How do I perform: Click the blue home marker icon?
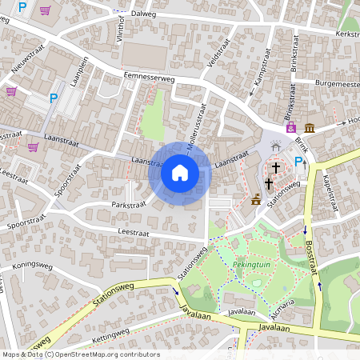pyautogui.click(x=180, y=173)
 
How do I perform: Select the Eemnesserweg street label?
pyautogui.click(x=150, y=78)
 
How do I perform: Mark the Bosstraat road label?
pyautogui.click(x=311, y=256)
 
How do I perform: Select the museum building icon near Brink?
pyautogui.click(x=309, y=128)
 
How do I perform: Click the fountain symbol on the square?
pyautogui.click(x=277, y=146)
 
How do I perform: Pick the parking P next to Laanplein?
pyautogui.click(x=54, y=98)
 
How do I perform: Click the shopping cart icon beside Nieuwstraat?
pyautogui.click(x=11, y=90)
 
